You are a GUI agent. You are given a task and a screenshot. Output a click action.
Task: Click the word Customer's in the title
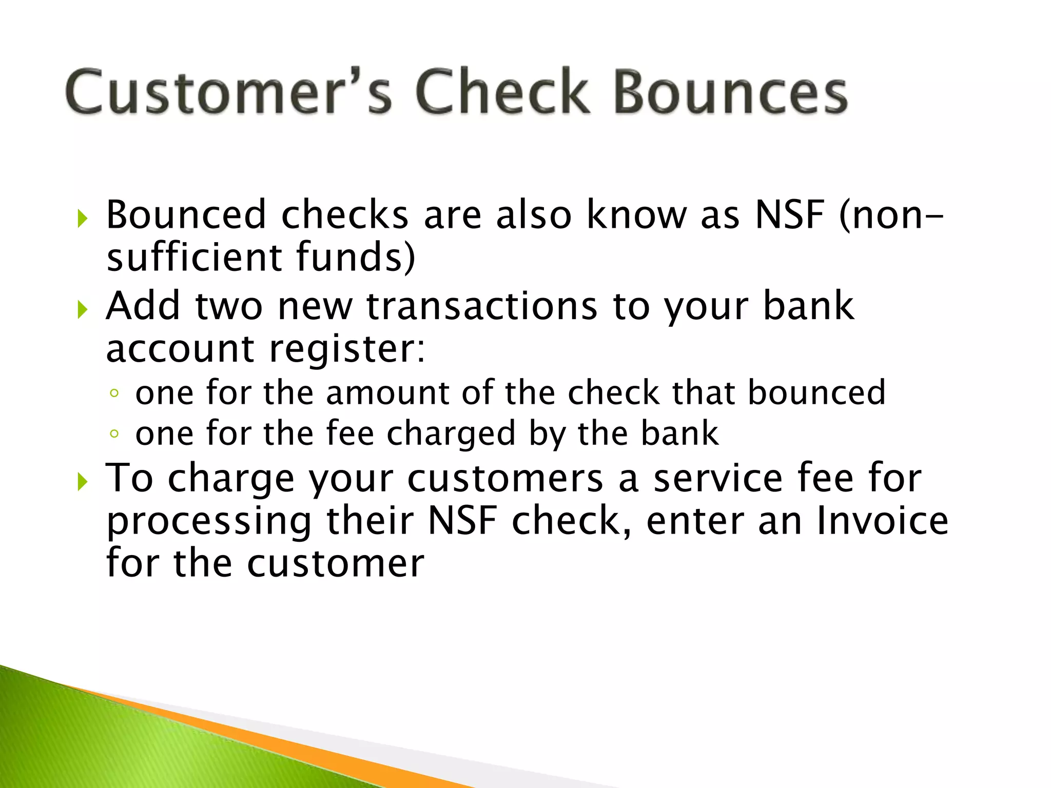(x=228, y=92)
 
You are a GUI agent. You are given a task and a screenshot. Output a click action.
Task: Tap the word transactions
(x=481, y=306)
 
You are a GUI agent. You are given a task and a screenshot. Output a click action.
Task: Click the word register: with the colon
(x=347, y=349)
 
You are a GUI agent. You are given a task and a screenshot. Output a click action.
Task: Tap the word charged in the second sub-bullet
(x=451, y=435)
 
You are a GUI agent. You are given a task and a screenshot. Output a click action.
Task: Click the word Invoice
(x=882, y=521)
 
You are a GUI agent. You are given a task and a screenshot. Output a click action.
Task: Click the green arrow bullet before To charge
(x=82, y=482)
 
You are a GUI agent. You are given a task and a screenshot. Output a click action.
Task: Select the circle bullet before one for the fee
(x=114, y=435)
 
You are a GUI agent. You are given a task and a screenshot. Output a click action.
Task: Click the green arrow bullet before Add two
(x=82, y=310)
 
